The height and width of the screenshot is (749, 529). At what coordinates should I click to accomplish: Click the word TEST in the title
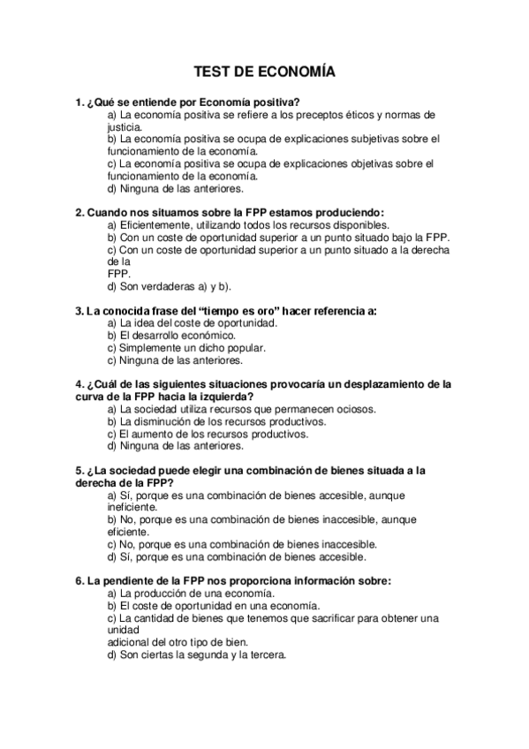212,73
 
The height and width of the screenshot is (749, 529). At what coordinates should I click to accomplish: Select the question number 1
79,102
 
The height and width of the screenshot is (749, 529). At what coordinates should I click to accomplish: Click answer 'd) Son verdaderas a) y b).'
169,286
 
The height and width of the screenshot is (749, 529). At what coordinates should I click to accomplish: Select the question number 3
79,311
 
